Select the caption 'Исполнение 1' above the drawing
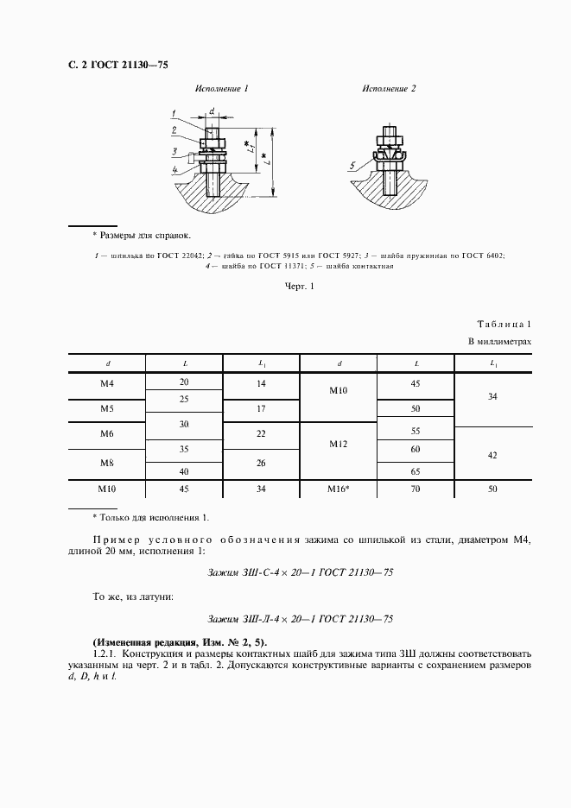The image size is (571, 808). [x=221, y=89]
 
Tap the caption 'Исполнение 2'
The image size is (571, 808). [x=389, y=89]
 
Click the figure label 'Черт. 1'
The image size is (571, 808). [x=299, y=287]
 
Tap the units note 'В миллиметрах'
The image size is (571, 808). [x=499, y=342]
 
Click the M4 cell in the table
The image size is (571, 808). [x=107, y=382]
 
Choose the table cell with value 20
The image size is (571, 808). [x=184, y=382]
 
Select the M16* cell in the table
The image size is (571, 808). [x=339, y=489]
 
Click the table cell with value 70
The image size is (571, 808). [x=416, y=489]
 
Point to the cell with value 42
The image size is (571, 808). [x=492, y=454]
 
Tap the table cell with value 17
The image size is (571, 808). [x=261, y=407]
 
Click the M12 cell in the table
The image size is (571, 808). [x=339, y=443]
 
